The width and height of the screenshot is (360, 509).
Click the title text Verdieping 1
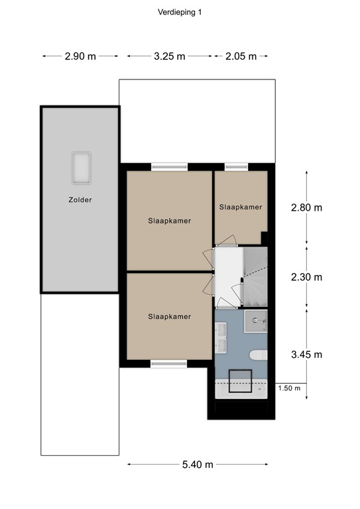click(180, 11)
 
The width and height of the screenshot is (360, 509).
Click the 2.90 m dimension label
click(80, 56)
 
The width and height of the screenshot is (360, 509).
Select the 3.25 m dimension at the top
click(169, 56)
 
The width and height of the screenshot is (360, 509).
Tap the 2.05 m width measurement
click(241, 56)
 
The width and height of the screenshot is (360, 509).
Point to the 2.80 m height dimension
click(306, 207)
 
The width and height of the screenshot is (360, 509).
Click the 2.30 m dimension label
click(306, 277)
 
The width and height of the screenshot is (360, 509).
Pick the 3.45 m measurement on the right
click(306, 355)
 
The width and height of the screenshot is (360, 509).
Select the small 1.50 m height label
click(289, 388)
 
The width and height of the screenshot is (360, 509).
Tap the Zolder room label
click(79, 199)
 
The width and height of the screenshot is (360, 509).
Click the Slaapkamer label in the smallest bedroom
click(241, 207)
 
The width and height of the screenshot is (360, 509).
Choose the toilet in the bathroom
click(258, 354)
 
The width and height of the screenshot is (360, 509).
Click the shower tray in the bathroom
click(255, 321)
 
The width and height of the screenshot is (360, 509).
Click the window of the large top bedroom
click(169, 167)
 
